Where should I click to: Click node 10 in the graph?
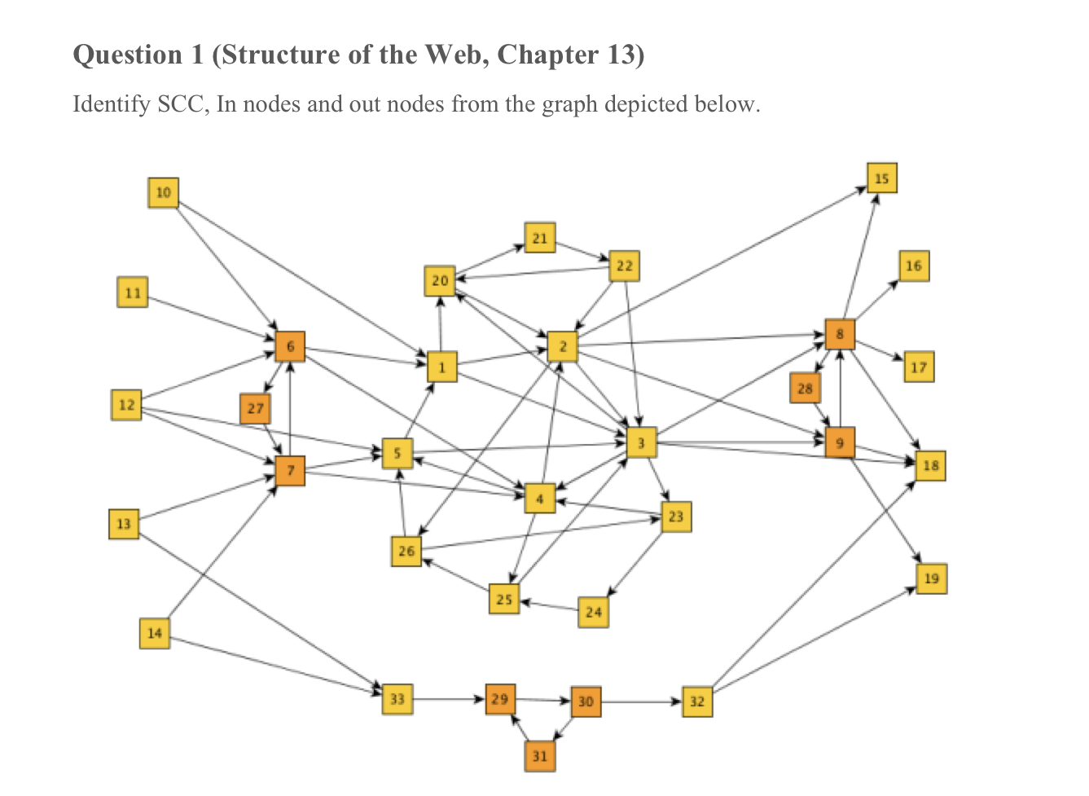coord(163,192)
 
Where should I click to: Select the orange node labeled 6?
coord(290,346)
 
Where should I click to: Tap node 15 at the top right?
coord(881,178)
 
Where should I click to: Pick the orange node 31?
coord(540,756)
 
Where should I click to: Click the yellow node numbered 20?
coord(440,281)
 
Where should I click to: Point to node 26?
coord(406,552)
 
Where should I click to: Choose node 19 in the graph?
coord(931,578)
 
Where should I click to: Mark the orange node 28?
coord(805,388)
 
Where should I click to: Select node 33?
coord(397,699)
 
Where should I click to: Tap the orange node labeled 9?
coord(840,442)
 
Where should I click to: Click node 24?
coord(593,612)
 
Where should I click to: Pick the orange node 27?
coord(255,408)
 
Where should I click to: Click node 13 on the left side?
coord(124,523)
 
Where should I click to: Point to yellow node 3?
coord(641,442)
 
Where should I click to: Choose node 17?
coord(919,367)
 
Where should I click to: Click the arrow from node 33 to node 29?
coord(448,699)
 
